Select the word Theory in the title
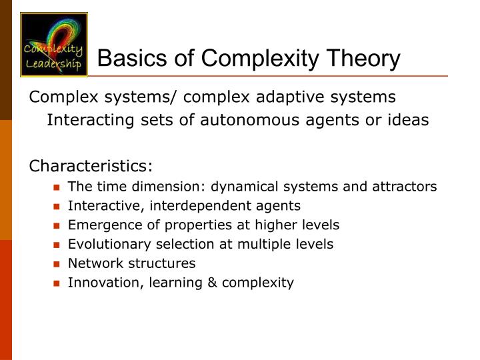pos(363,59)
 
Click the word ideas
pos(406,121)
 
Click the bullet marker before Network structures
pos(58,264)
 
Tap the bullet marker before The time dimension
pos(58,187)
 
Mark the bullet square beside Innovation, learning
pos(58,283)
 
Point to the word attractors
pos(407,187)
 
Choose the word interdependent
pos(207,206)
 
